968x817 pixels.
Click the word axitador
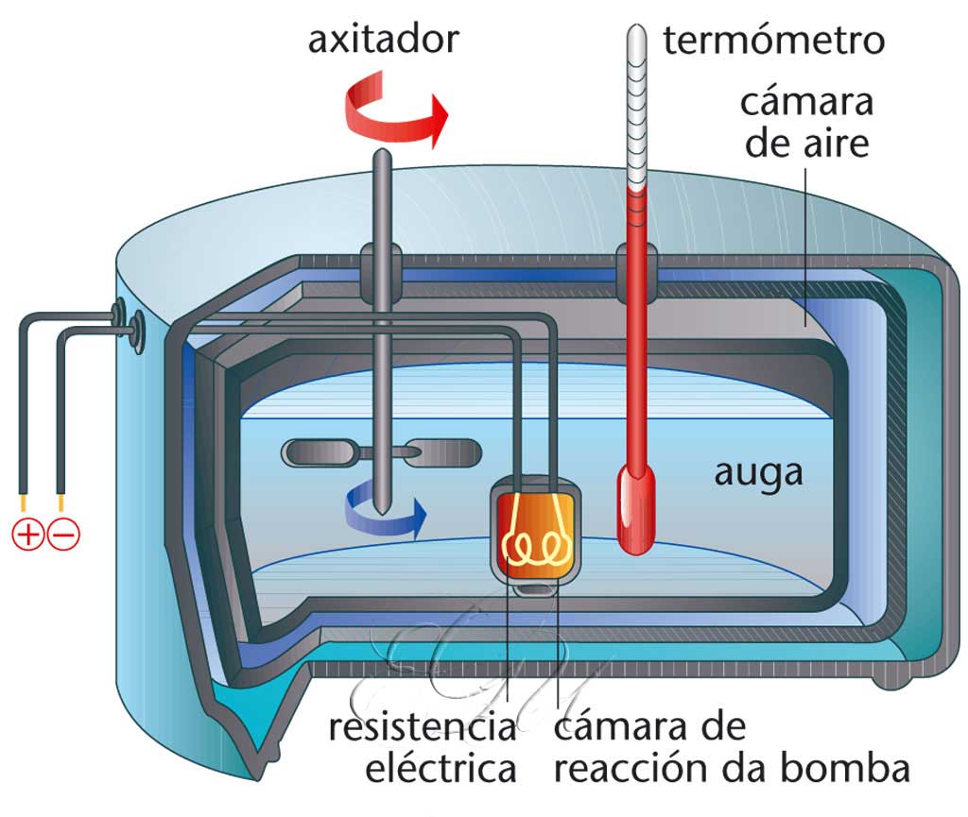coord(384,40)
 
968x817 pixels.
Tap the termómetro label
coord(773,41)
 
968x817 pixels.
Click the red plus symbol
coord(27,535)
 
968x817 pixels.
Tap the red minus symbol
coord(64,535)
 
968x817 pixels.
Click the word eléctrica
coord(441,769)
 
